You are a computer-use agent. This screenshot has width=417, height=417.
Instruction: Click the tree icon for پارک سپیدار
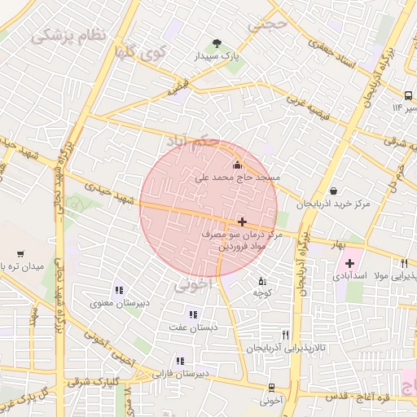(x=217, y=43)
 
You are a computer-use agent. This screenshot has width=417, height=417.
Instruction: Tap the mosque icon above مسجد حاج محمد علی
(x=237, y=166)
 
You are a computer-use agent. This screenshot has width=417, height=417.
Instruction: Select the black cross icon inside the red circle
(x=242, y=222)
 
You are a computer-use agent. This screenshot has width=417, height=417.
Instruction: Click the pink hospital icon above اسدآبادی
(x=350, y=263)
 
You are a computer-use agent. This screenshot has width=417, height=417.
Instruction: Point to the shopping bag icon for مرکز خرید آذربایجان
(x=335, y=191)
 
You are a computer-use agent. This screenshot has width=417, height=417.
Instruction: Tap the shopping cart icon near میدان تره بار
(x=20, y=253)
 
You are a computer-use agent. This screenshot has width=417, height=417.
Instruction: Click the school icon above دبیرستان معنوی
(x=119, y=290)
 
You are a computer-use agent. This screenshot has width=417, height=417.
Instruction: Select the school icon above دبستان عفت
(x=193, y=314)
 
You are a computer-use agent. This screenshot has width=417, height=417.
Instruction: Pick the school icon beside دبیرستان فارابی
(x=180, y=361)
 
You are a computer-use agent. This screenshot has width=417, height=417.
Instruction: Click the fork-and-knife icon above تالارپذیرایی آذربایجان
(x=285, y=334)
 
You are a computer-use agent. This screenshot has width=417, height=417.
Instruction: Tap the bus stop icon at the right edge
(x=408, y=94)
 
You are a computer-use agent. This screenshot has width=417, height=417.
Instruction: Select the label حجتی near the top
(x=270, y=24)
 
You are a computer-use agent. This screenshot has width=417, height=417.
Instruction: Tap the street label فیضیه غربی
(x=305, y=107)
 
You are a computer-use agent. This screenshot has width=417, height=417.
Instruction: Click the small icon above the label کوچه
(x=261, y=280)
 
